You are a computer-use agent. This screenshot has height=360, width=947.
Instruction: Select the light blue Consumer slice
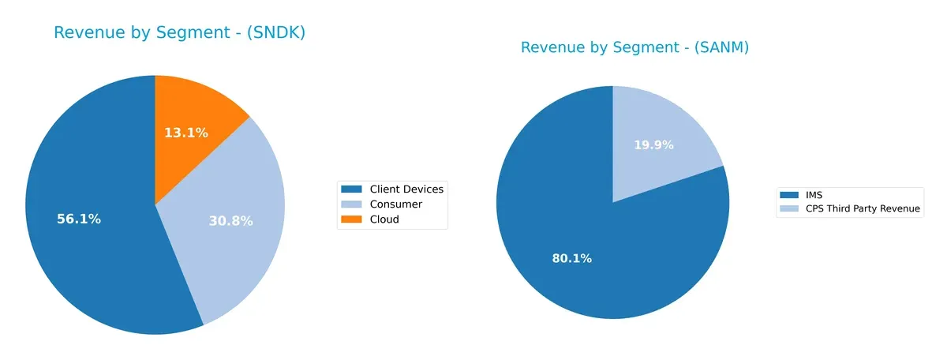pyautogui.click(x=237, y=237)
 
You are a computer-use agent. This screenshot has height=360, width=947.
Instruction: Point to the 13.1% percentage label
pyautogui.click(x=186, y=133)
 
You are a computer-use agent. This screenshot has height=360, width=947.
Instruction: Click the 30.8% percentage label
pyautogui.click(x=230, y=221)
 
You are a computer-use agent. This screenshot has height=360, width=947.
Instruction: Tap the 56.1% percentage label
pyautogui.click(x=79, y=219)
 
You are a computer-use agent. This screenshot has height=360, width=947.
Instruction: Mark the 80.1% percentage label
pyautogui.click(x=571, y=258)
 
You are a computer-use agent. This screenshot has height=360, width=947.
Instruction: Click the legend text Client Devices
pyautogui.click(x=406, y=189)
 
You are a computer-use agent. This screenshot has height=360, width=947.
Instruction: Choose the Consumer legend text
pyautogui.click(x=395, y=204)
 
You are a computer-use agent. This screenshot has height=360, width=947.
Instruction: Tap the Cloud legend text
pyautogui.click(x=384, y=219)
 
